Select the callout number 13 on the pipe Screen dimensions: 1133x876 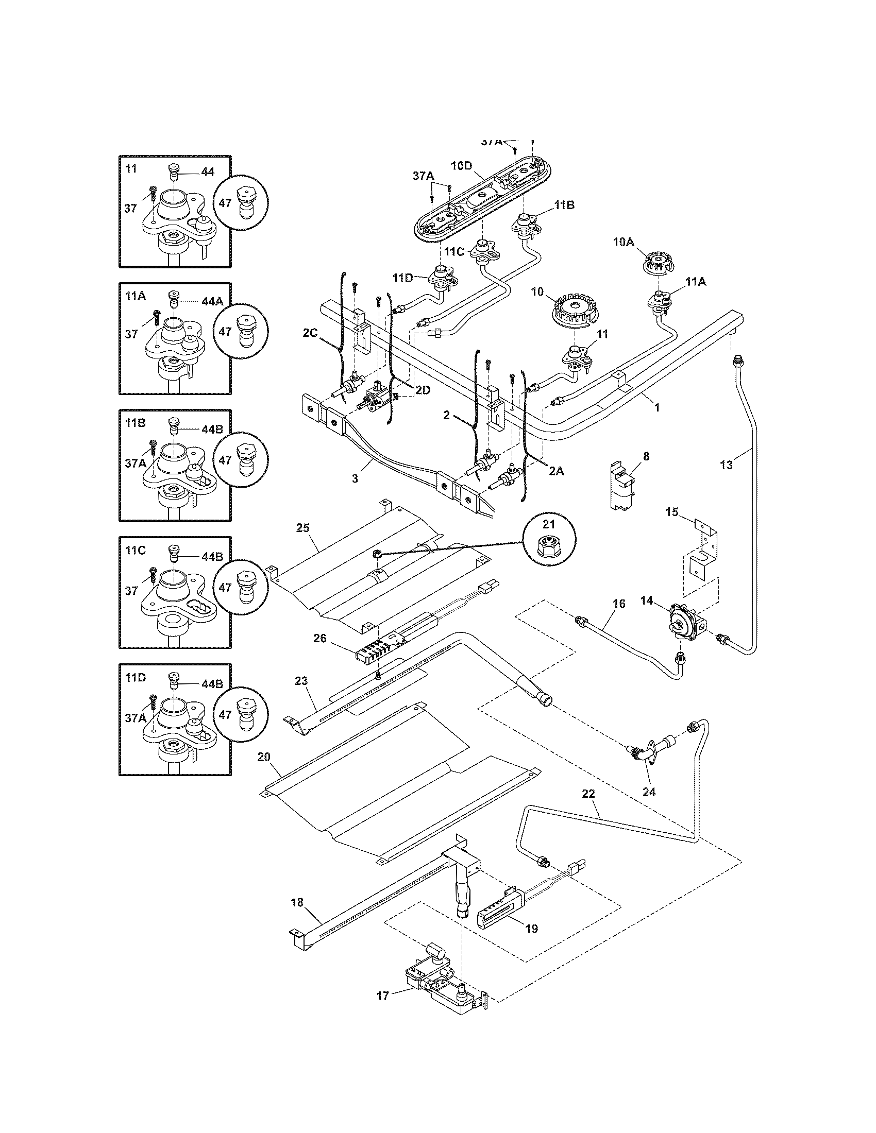tap(727, 466)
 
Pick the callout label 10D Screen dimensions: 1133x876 tap(461, 166)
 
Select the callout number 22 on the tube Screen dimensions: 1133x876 tap(588, 794)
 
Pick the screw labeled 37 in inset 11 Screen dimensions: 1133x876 tap(154, 195)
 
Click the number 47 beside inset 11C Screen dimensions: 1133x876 tap(225, 588)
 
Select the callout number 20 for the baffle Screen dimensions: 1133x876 tap(264, 757)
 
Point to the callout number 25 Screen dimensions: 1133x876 tap(302, 528)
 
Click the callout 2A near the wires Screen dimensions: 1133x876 tap(556, 471)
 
